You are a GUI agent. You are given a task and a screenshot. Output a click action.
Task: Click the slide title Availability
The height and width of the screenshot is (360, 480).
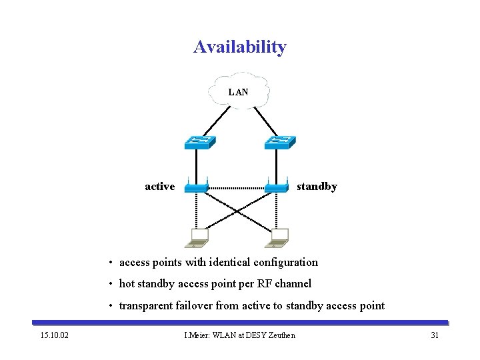click(240, 47)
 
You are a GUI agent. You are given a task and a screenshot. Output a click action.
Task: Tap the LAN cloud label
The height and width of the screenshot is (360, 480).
click(238, 92)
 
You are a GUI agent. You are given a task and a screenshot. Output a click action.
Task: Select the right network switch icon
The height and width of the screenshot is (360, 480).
click(280, 142)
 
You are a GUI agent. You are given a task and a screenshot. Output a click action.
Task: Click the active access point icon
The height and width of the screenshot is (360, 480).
click(197, 187)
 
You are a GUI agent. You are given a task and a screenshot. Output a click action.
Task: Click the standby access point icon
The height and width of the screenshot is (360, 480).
click(276, 187)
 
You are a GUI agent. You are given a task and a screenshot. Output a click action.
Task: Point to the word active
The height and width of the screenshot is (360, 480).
click(160, 187)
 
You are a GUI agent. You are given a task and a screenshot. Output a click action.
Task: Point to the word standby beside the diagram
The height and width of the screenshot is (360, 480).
click(317, 187)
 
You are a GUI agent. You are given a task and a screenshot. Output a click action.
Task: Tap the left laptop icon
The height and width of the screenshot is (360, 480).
click(198, 237)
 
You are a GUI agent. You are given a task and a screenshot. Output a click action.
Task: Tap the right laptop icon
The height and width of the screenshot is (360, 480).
click(279, 237)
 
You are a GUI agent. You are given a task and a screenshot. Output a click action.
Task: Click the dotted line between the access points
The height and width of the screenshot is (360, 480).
click(237, 189)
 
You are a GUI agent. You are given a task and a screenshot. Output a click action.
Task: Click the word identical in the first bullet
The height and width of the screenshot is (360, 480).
click(221, 262)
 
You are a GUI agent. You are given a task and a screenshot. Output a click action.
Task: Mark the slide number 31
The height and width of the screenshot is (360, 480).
click(435, 335)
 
